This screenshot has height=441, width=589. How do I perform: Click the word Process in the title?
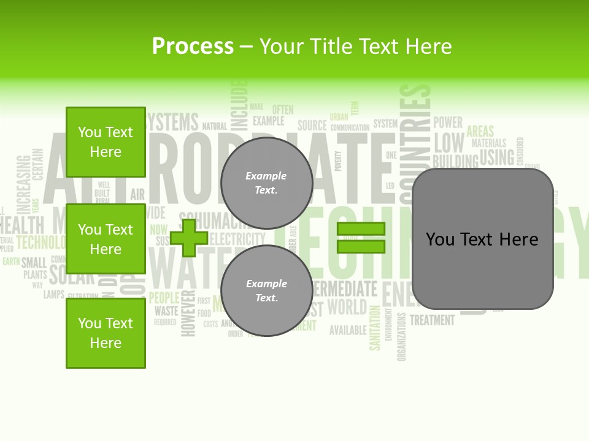tap(193, 46)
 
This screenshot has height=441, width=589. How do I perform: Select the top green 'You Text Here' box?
tap(106, 142)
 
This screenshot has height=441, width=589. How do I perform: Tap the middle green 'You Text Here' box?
tap(106, 239)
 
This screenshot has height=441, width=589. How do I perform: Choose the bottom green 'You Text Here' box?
tap(106, 333)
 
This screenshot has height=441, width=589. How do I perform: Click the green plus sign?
tap(189, 238)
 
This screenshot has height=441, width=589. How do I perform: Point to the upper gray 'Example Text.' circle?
tap(266, 183)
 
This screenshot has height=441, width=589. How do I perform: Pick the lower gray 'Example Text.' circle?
tap(266, 290)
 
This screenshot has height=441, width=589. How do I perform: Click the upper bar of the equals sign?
tap(361, 229)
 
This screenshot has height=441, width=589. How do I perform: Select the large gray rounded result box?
tap(482, 239)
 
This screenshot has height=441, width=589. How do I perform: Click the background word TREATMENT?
tap(432, 320)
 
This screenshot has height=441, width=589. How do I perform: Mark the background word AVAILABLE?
tap(348, 330)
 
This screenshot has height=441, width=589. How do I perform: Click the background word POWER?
tap(448, 122)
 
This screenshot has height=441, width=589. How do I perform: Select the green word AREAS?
tap(480, 131)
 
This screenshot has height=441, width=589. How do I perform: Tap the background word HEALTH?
tap(23, 224)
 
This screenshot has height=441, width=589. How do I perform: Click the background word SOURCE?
tap(312, 126)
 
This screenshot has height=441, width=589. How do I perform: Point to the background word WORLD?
tap(347, 306)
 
